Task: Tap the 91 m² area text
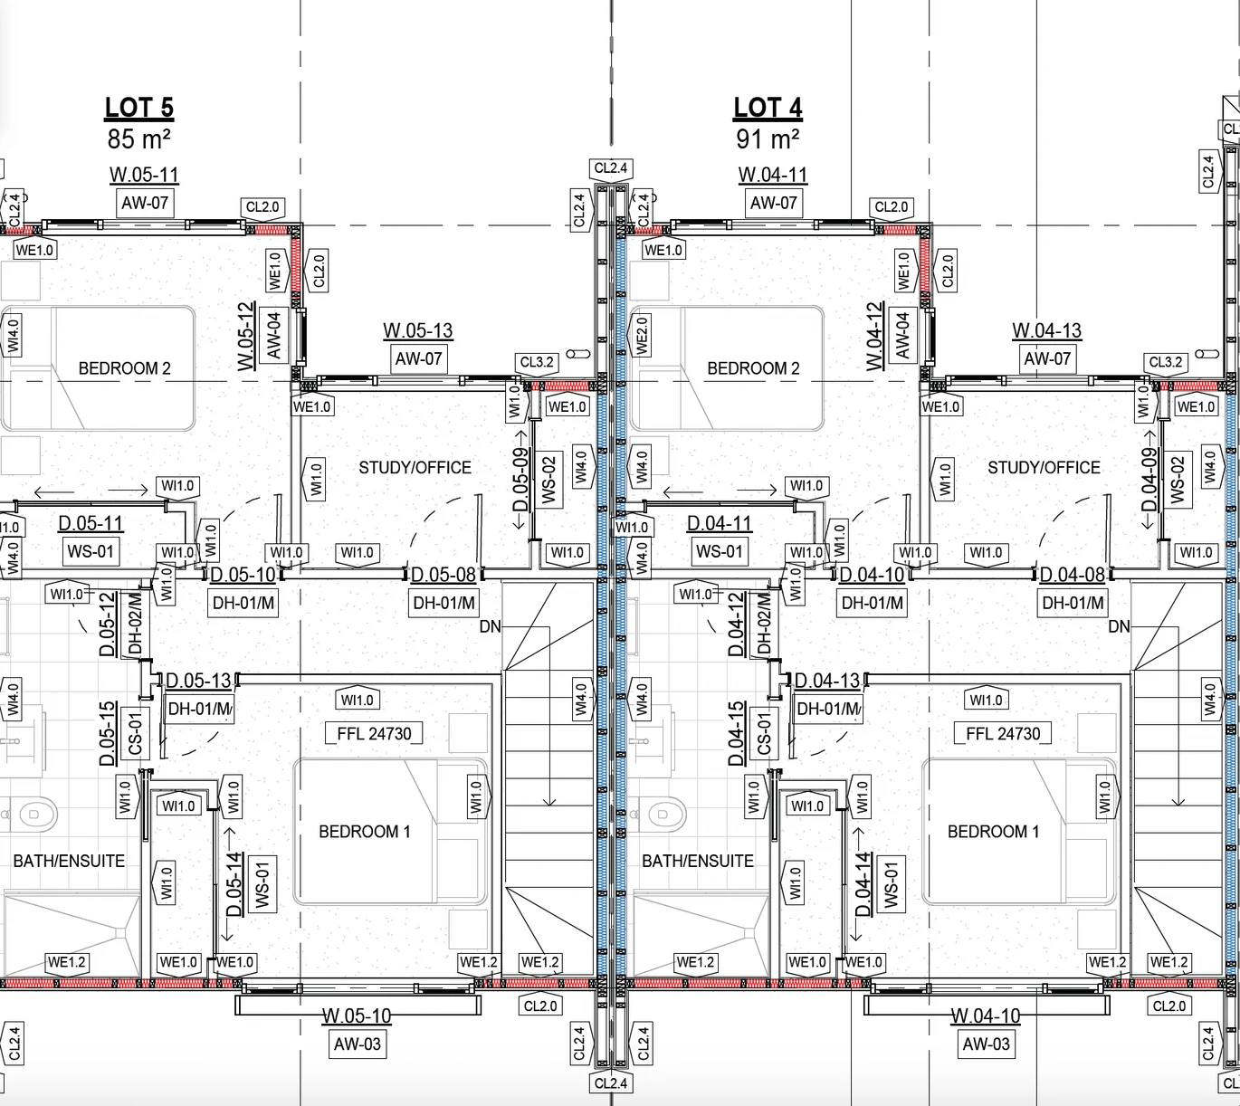click(768, 139)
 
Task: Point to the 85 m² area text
click(138, 139)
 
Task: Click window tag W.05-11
click(145, 175)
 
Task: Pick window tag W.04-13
click(1046, 330)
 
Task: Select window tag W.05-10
click(357, 1016)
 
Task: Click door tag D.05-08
click(444, 575)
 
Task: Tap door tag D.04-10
click(873, 575)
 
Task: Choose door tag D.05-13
click(199, 681)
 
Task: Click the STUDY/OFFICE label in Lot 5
click(415, 468)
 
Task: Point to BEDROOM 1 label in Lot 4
click(993, 831)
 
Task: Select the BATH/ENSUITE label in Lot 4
click(698, 861)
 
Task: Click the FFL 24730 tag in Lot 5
click(374, 733)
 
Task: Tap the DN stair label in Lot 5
click(491, 626)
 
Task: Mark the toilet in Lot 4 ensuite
click(661, 814)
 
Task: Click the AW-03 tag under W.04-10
click(986, 1044)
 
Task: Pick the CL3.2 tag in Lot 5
click(537, 362)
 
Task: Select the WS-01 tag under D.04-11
click(720, 551)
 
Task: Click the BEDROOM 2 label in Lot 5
click(124, 367)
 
